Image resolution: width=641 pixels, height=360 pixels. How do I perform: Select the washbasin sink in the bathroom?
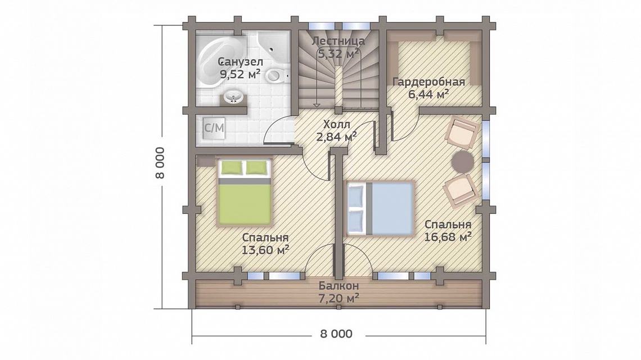click(233, 97)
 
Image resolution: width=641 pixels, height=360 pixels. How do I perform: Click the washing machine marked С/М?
click(214, 128)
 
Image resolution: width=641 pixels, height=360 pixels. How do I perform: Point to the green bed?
click(245, 192)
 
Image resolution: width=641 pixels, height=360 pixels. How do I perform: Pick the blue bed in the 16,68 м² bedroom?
click(380, 208)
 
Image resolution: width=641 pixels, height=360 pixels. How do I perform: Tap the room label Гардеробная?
click(428, 82)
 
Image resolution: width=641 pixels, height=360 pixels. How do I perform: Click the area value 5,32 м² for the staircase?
click(338, 53)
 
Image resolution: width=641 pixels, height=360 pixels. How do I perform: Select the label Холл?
click(336, 124)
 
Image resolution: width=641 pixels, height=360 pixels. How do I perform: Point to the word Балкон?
click(339, 286)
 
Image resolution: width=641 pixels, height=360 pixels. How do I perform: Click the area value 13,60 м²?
click(265, 250)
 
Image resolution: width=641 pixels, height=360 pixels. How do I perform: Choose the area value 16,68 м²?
click(448, 237)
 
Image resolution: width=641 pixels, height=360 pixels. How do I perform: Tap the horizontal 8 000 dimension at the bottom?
click(336, 334)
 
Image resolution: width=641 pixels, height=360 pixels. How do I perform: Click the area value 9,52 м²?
click(241, 74)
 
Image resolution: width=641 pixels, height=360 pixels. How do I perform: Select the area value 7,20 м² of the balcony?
click(339, 298)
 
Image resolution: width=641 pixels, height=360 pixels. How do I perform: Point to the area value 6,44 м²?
click(428, 94)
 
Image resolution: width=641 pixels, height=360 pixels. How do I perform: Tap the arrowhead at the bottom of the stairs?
click(317, 105)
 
